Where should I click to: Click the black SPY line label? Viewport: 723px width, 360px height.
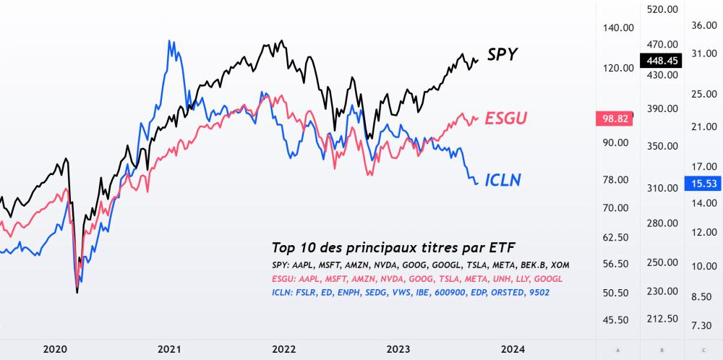502,55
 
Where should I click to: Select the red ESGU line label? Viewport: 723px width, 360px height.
506,118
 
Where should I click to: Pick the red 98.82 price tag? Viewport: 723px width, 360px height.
613,118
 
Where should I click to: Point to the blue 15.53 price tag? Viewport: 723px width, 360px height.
703,184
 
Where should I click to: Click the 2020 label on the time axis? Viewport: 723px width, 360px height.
55,349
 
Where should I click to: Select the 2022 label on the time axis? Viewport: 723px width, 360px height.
283,349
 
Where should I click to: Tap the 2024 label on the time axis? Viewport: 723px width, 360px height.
513,349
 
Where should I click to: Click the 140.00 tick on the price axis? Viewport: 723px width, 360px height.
618,27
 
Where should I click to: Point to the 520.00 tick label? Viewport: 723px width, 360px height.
662,10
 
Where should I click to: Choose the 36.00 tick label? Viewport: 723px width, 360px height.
703,25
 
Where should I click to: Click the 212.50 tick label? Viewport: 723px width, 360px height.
662,319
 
